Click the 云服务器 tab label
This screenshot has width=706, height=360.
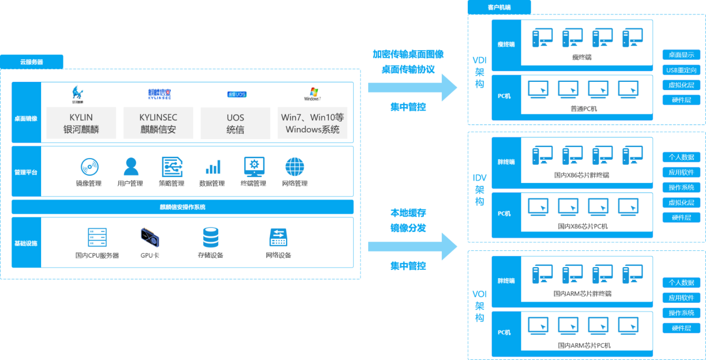pos(32,62)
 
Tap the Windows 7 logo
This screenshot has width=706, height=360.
pos(313,93)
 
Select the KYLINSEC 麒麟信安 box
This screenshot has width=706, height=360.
pos(158,124)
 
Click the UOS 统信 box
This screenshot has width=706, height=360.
pos(235,124)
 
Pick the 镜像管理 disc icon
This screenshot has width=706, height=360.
pos(89,167)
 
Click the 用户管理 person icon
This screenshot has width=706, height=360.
pos(131,166)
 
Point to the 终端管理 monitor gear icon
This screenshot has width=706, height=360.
pos(254,166)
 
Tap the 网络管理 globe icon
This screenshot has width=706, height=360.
pos(294,166)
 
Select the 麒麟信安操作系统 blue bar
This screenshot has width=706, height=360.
pos(182,207)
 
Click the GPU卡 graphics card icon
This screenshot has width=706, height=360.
pos(150,238)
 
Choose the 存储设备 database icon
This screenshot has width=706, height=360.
pos(210,238)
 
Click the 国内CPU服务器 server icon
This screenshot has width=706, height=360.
pos(97,238)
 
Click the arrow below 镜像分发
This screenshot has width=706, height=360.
pos(412,246)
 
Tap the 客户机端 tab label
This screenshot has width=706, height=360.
pos(499,7)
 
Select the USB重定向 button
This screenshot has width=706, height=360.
pos(681,70)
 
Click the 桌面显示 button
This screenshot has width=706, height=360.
pos(681,55)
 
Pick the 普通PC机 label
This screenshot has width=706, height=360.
pos(584,109)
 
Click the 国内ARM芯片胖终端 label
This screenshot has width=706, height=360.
pos(582,293)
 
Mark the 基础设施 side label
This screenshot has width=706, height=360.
pos(26,243)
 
